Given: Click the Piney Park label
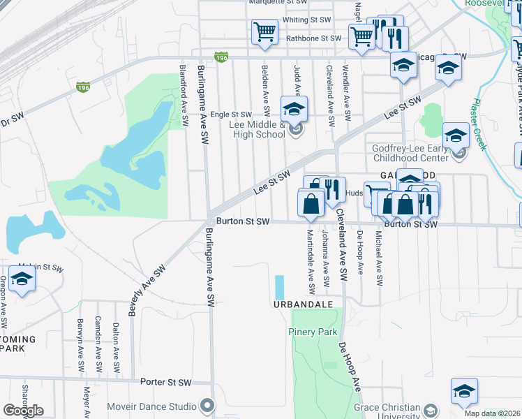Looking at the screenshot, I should (x=313, y=332).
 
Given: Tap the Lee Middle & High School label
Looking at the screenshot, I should (x=257, y=129).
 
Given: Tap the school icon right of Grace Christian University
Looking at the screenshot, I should (x=463, y=392).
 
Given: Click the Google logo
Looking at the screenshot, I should (x=23, y=411).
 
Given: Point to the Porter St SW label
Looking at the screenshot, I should (x=165, y=382).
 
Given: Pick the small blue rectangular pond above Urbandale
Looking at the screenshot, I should (x=280, y=286).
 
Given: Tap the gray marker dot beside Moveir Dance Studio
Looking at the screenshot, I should (x=207, y=406).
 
